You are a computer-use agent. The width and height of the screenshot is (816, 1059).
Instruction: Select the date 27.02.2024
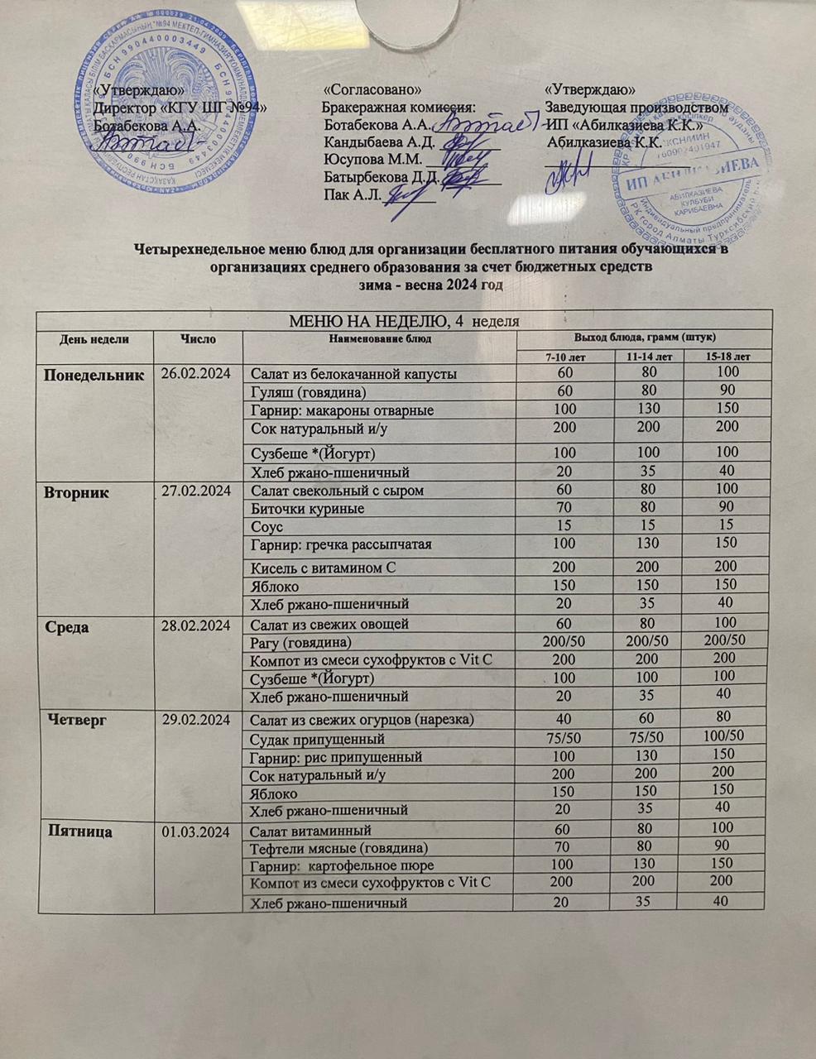[x=195, y=491]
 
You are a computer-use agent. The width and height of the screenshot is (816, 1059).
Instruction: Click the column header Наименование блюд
[x=380, y=338]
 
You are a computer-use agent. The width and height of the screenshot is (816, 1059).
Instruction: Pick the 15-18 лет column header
[x=728, y=356]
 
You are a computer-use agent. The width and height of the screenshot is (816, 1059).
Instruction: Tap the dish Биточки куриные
[x=307, y=509]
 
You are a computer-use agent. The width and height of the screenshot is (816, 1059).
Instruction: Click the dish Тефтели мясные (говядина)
[x=338, y=848]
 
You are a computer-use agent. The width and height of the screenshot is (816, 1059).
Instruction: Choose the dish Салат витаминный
[x=310, y=830]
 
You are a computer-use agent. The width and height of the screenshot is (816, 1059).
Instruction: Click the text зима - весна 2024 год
[x=430, y=284]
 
